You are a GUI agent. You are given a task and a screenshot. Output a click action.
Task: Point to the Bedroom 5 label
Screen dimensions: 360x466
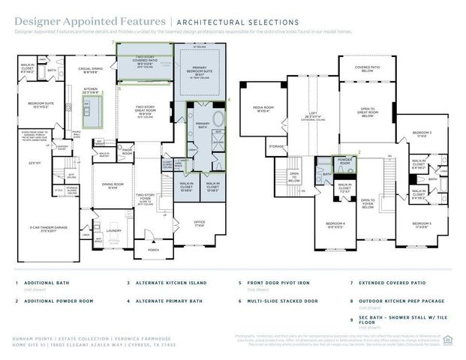pos(422,225)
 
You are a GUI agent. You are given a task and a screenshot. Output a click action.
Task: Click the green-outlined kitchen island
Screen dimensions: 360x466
pos(91,114)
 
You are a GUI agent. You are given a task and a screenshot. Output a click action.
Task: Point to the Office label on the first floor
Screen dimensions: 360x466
pos(199,223)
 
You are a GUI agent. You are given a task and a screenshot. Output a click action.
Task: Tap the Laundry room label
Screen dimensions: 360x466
pos(114,231)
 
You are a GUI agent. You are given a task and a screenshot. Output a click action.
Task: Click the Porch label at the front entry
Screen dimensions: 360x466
pos(153,250)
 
